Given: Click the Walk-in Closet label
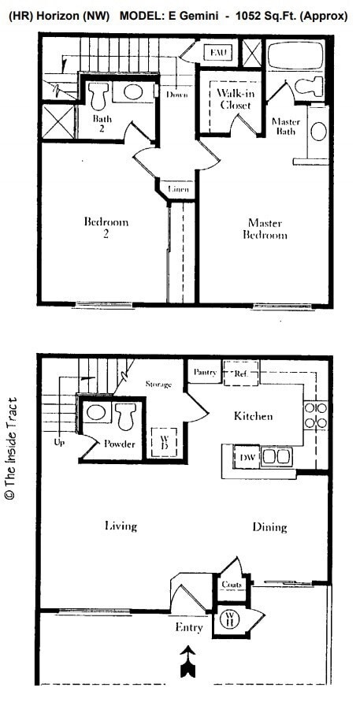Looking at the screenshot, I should click(234, 98).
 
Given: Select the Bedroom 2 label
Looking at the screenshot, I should click(106, 228).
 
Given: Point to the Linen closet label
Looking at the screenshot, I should click(179, 190).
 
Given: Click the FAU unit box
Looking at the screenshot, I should click(217, 53).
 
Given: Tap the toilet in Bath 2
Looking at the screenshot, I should click(99, 97).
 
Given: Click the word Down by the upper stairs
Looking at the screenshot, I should click(176, 95).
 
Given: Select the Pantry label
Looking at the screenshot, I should click(206, 372).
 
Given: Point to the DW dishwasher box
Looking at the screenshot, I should click(247, 456).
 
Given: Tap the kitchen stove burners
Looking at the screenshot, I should click(315, 415).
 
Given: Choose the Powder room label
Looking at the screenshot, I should click(120, 444).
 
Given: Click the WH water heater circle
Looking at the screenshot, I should click(232, 617).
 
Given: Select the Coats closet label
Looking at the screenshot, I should click(231, 585).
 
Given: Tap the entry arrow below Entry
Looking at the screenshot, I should click(188, 660).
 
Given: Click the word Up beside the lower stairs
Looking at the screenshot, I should click(58, 442).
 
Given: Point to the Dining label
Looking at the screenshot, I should click(269, 527).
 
